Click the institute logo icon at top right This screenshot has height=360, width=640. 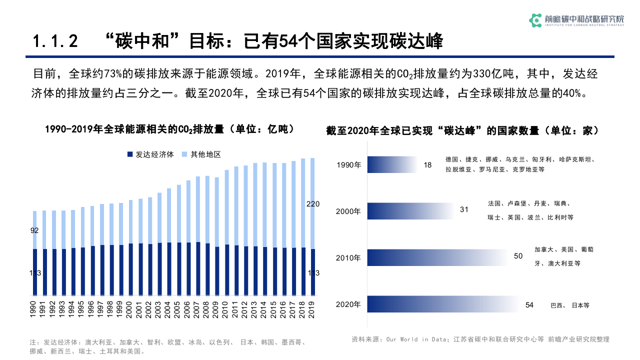pyautogui.click(x=535, y=20)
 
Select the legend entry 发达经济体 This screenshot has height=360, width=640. pyautogui.click(x=151, y=154)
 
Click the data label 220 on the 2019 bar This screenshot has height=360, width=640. pyautogui.click(x=313, y=203)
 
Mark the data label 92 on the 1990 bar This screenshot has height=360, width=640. pyautogui.click(x=34, y=230)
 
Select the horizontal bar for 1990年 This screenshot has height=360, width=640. pyautogui.click(x=392, y=164)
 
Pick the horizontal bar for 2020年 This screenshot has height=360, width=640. pyautogui.click(x=442, y=304)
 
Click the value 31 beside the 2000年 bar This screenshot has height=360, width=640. pyautogui.click(x=464, y=209)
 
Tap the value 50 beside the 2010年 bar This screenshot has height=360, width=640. pyautogui.click(x=518, y=256)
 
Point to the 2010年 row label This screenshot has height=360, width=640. pyautogui.click(x=348, y=258)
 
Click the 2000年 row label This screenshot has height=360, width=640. pyautogui.click(x=348, y=211)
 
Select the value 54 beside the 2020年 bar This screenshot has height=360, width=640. pyautogui.click(x=529, y=304)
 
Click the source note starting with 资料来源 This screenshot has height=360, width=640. pyautogui.click(x=480, y=339)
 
